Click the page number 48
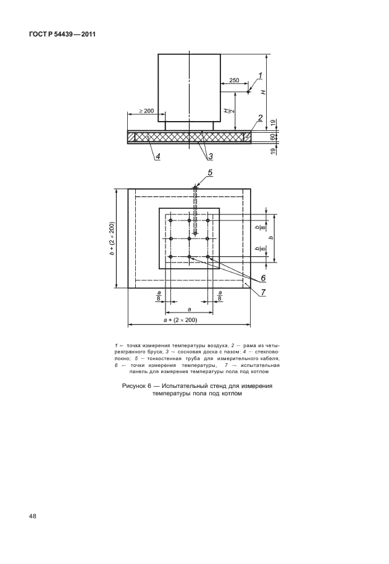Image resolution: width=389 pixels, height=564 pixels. click(31, 515)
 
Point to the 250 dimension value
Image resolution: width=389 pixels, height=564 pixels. click(235, 81)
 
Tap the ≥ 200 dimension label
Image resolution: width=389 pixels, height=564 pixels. click(146, 111)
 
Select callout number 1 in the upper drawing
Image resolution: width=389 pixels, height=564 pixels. click(260, 76)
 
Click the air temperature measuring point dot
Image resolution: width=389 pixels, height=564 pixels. click(248, 92)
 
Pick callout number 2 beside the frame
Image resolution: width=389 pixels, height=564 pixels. click(261, 118)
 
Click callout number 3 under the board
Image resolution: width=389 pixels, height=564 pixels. click(210, 156)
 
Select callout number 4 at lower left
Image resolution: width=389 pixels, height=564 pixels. click(158, 157)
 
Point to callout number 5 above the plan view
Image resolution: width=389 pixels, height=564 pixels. click(210, 173)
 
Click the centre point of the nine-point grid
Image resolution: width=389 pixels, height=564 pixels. click(190, 238)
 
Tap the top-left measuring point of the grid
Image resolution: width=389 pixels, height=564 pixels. click(171, 220)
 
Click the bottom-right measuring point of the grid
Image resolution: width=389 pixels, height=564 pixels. click(208, 257)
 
